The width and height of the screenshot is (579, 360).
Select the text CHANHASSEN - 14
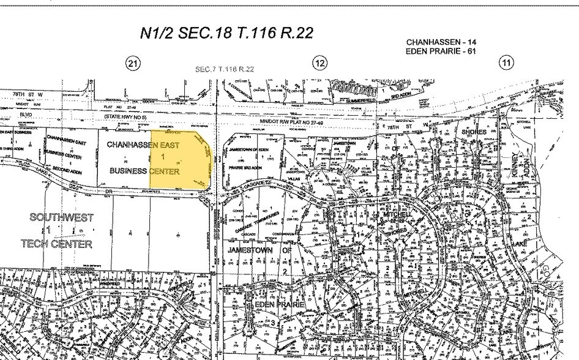click(441, 42)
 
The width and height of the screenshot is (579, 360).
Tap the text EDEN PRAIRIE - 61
click(441, 51)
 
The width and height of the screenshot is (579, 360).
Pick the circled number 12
click(320, 62)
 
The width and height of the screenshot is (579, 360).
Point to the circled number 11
click(506, 62)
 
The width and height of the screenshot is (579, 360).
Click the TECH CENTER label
click(56, 244)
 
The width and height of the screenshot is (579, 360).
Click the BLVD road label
click(25, 113)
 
